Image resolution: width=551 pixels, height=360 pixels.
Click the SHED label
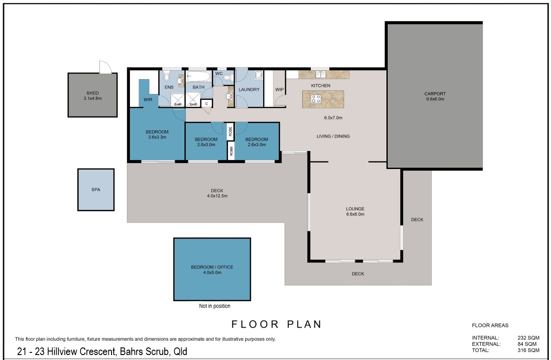[93, 93]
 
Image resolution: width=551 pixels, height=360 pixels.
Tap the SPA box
[96, 190]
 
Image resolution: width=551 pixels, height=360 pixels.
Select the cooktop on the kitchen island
[316, 99]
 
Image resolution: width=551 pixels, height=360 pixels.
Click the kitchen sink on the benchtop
[321, 74]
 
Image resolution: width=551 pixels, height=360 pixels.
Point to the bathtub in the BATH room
[198, 76]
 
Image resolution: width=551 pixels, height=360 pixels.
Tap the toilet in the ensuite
[166, 76]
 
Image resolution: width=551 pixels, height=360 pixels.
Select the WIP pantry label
[279, 90]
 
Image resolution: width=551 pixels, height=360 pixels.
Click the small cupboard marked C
[206, 104]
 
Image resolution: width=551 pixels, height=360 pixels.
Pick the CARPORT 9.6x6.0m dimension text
[435, 99]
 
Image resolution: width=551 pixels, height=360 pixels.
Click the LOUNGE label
[355, 209]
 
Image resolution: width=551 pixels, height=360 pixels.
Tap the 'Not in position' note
[215, 306]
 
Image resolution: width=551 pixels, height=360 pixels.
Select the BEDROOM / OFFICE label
[212, 267]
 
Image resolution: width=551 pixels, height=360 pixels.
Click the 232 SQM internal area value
[529, 338]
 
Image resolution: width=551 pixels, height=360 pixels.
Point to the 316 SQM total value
[529, 351]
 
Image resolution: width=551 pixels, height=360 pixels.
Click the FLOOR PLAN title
[277, 324]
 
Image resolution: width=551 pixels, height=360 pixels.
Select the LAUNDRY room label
[249, 90]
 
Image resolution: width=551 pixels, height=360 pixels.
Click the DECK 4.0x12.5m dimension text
[217, 196]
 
